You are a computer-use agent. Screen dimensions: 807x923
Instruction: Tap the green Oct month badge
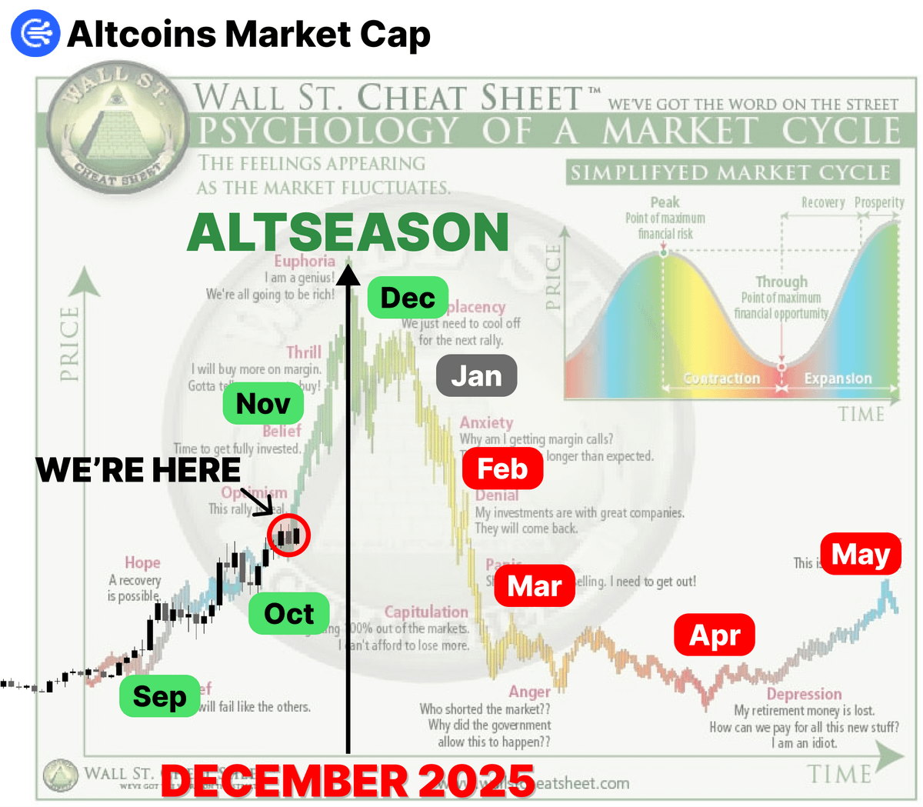coord(288,613)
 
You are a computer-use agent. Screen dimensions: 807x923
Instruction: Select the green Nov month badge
coord(263,403)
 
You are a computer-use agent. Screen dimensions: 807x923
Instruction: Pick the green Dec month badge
coord(408,297)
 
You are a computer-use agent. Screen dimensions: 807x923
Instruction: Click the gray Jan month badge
coord(476,375)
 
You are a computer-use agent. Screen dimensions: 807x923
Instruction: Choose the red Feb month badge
coord(502,469)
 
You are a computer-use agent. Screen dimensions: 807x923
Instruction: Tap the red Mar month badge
coord(535,585)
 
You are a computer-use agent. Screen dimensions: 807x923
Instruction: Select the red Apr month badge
coord(715,635)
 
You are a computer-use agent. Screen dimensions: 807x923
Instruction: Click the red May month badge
coord(860,553)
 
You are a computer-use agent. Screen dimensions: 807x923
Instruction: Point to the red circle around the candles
coord(288,535)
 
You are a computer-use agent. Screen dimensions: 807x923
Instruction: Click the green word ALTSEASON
coord(348,232)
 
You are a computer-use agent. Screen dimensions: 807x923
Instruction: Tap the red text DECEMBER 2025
coord(348,780)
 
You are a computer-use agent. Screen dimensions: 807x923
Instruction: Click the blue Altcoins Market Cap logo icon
coord(35,34)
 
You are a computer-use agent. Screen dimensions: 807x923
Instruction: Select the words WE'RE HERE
coord(138,469)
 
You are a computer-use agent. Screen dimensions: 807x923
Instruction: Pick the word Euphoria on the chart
coord(305,261)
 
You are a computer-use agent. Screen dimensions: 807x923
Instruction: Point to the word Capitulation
coord(426,612)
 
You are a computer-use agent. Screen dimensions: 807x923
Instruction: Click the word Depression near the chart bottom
coord(804,694)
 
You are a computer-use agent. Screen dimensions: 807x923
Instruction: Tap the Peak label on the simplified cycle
coord(665,202)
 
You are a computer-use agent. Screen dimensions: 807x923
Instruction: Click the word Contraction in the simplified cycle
coord(721,378)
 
